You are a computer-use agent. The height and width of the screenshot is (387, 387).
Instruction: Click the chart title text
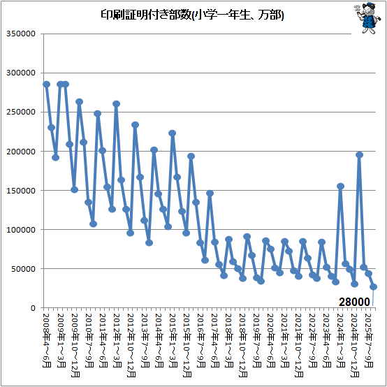[192, 15]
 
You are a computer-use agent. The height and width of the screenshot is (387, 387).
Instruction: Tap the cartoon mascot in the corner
[368, 18]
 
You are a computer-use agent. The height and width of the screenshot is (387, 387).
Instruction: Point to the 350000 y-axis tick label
[21, 34]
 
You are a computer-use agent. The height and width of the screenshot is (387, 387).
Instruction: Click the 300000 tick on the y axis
[21, 73]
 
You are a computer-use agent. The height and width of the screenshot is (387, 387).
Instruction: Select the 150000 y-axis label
[21, 190]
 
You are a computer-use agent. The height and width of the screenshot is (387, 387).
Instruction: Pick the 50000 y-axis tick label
[24, 268]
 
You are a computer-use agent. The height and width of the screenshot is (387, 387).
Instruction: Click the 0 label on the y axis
[34, 308]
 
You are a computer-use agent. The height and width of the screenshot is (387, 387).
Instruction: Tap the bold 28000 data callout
[354, 302]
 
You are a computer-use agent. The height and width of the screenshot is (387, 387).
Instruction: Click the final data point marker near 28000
[373, 286]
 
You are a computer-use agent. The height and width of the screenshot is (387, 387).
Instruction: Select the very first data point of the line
[46, 84]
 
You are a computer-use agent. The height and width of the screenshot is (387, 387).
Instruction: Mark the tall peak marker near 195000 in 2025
[359, 155]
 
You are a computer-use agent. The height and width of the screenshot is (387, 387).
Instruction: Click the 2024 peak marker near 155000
[341, 186]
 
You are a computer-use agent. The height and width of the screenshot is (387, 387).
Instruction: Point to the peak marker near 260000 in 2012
[117, 104]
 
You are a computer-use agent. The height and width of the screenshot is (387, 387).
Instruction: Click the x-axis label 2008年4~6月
[47, 340]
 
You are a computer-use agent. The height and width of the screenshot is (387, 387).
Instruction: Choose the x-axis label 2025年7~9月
[369, 340]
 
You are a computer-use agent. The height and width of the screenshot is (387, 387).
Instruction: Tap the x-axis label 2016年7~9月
[201, 340]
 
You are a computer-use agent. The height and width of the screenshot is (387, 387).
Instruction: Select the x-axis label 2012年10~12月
[131, 345]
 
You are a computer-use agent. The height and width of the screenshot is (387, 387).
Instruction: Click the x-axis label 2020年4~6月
[271, 340]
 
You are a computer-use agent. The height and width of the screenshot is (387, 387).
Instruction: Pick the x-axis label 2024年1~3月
[341, 340]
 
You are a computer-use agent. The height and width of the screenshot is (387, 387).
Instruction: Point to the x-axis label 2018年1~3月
[229, 340]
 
